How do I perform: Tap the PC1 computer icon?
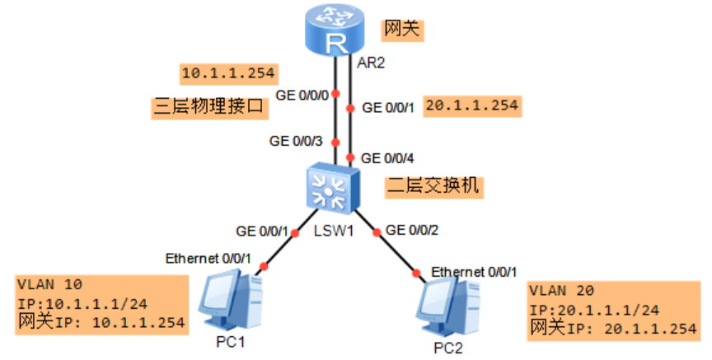pyautogui.click(x=232, y=301)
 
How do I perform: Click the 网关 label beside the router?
pyautogui.click(x=402, y=30)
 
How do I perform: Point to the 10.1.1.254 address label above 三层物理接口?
pyautogui.click(x=227, y=73)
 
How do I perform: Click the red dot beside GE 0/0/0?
pyautogui.click(x=335, y=95)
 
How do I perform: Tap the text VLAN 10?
pyautogui.click(x=49, y=285)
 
